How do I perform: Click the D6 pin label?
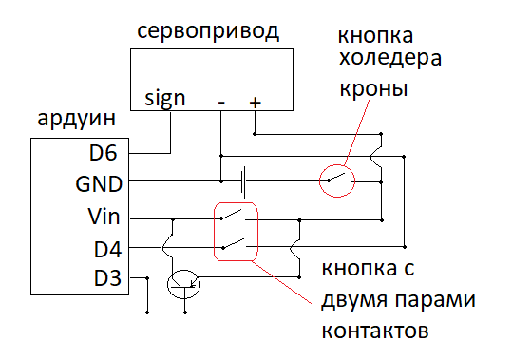pos(104,153)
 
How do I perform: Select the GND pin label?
pos(99,184)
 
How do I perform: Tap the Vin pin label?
pos(104,216)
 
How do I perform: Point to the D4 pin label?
pos(107,250)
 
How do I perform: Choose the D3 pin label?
pos(107,278)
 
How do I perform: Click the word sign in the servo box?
pos(165,99)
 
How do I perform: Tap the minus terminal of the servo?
pos(221,102)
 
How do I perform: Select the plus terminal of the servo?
pos(255,102)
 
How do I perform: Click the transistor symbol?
pos(184,284)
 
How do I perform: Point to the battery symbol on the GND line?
pos(243,182)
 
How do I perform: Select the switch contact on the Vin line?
pos(232,215)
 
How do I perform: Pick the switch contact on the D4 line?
pos(234,244)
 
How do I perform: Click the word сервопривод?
pos(208,31)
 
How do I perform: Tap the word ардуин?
pos(77,119)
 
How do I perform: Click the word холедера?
pos(390,59)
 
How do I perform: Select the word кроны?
pos(373,89)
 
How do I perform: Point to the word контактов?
pos(375,331)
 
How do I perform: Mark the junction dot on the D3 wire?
pos(147,278)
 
